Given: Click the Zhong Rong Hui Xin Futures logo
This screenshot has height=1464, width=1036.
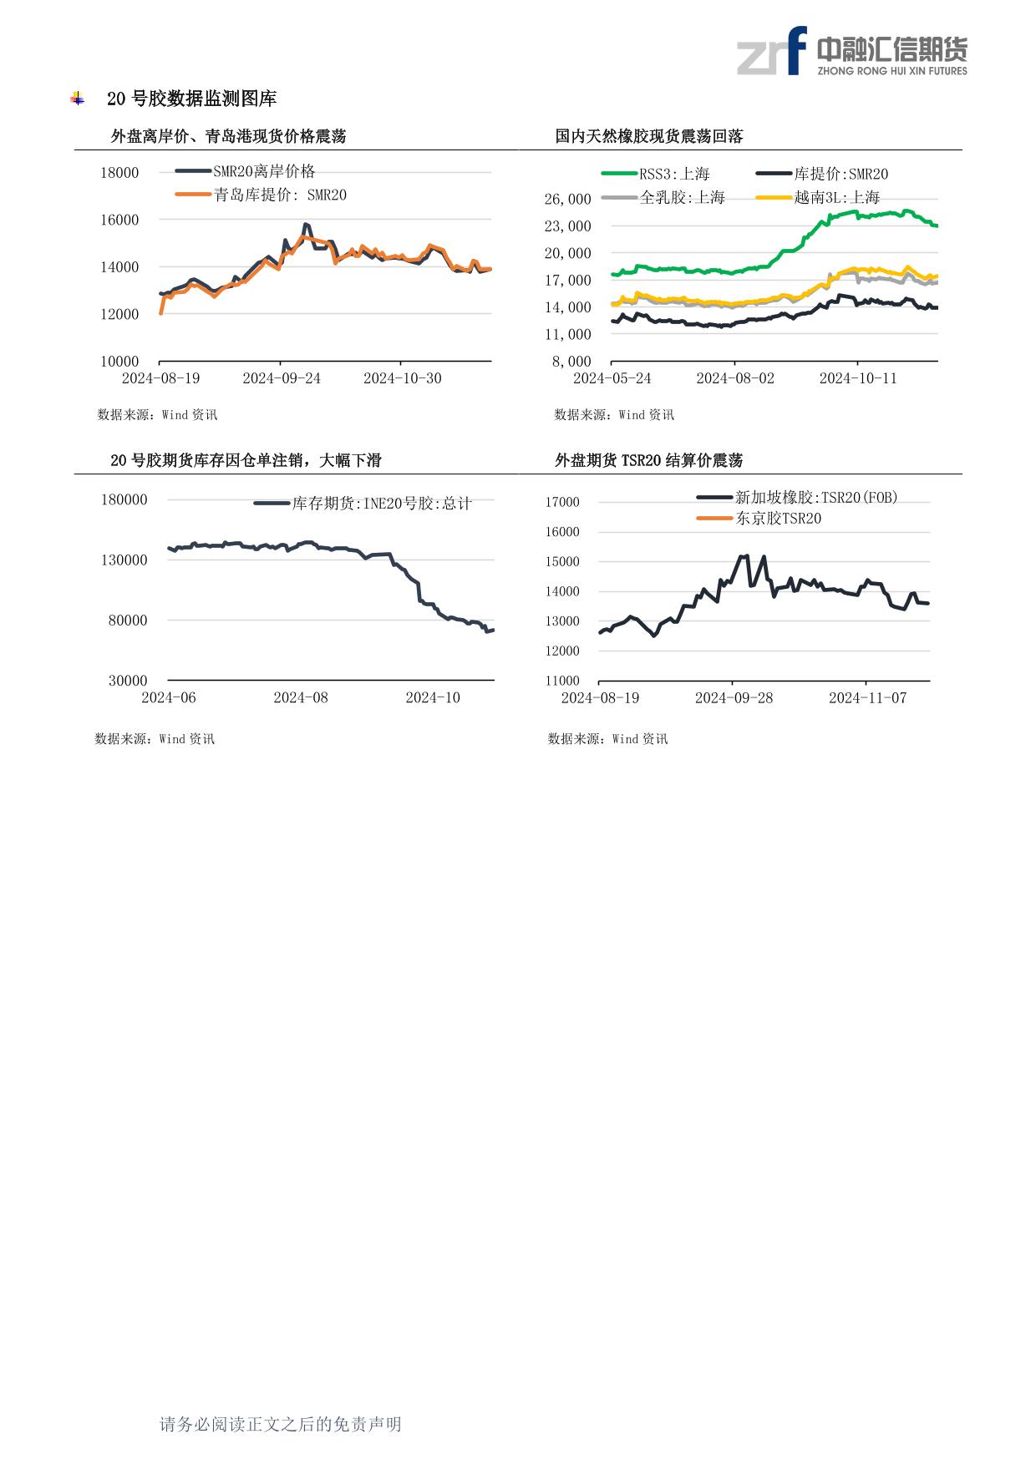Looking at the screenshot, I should [851, 52].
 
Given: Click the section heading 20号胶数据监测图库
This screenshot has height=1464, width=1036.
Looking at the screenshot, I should [191, 99].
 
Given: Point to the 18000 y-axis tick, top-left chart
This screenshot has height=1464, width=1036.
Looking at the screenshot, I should [119, 173].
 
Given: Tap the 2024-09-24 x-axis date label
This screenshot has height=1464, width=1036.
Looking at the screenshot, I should [282, 378].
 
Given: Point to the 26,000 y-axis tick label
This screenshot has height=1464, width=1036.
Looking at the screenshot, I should [567, 199].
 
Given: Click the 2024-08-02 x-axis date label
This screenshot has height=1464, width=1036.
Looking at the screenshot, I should [735, 378].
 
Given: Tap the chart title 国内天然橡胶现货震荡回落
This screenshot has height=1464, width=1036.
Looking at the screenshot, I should [649, 136].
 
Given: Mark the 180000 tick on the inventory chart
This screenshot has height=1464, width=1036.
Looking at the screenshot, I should [124, 499].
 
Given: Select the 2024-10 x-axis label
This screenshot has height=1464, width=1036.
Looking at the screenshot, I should [433, 697].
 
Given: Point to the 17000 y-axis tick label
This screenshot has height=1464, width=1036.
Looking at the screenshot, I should [562, 502].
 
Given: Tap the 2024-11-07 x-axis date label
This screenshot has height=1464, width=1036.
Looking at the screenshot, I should [867, 697].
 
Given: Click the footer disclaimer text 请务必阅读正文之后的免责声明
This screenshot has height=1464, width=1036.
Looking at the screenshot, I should [281, 1424].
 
